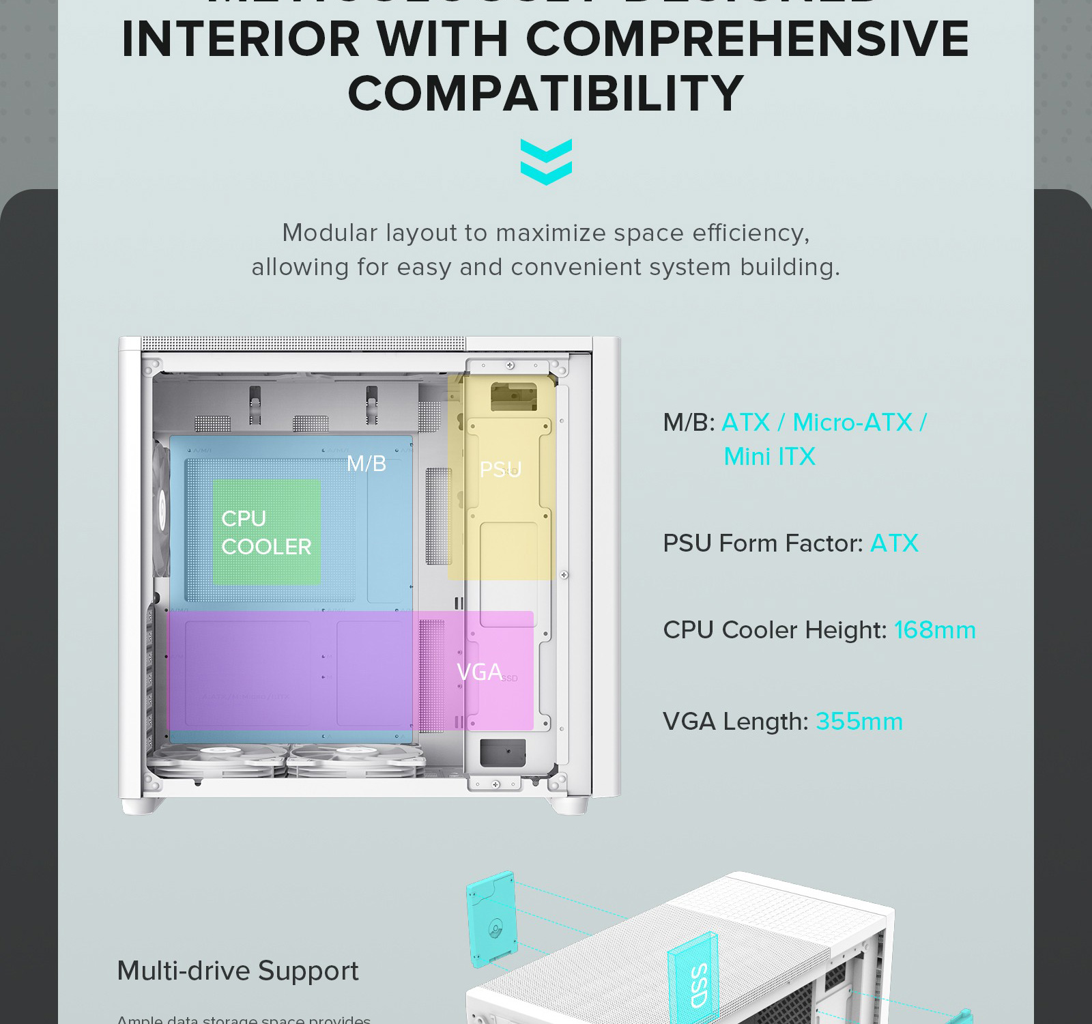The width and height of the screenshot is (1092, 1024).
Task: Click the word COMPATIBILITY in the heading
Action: pyautogui.click(x=545, y=94)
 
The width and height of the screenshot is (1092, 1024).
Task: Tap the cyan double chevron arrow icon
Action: pyautogui.click(x=546, y=162)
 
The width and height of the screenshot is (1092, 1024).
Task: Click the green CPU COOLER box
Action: pyautogui.click(x=267, y=532)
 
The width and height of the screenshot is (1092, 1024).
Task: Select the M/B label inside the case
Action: pyautogui.click(x=367, y=464)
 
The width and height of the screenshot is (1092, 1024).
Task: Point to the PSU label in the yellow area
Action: pyautogui.click(x=500, y=470)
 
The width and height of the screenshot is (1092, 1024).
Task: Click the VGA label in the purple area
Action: pyautogui.click(x=479, y=672)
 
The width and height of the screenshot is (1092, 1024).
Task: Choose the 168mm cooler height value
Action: pyautogui.click(x=934, y=630)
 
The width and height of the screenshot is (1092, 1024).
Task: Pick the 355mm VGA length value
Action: pyautogui.click(x=859, y=722)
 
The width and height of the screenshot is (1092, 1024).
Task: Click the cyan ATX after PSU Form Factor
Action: pyautogui.click(x=894, y=543)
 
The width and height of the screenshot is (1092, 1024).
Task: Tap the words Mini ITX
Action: pyautogui.click(x=769, y=457)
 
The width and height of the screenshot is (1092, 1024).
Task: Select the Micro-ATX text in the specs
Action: pyautogui.click(x=852, y=423)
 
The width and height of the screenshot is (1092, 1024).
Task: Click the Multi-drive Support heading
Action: pyautogui.click(x=238, y=971)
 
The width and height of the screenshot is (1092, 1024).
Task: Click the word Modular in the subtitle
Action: pyautogui.click(x=330, y=233)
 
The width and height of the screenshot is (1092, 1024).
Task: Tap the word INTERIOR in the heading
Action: pyautogui.click(x=240, y=39)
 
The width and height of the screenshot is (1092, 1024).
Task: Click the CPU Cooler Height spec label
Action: pyautogui.click(x=774, y=630)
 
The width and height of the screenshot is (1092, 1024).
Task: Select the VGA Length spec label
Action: pyautogui.click(x=735, y=722)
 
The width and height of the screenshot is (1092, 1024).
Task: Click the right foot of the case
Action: pyautogui.click(x=570, y=806)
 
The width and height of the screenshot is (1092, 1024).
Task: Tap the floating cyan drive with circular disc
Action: pyautogui.click(x=491, y=919)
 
